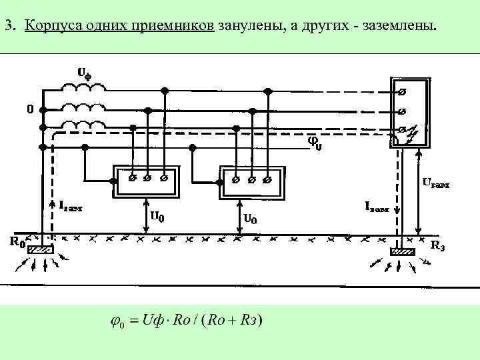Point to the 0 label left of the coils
tap(29, 109)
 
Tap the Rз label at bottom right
tap(438, 245)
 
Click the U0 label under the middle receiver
tap(251, 217)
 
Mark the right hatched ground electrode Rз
tap(402, 251)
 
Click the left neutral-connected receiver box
tap(146, 180)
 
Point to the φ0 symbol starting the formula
tap(116, 323)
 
